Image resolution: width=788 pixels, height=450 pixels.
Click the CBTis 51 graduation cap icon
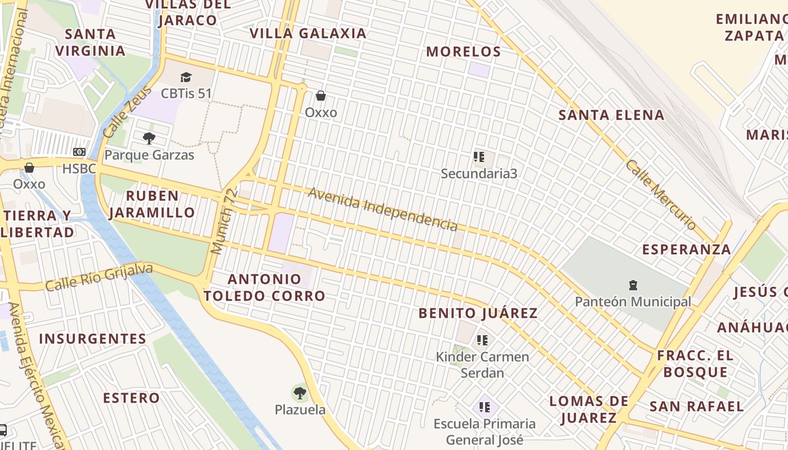click(x=186, y=77)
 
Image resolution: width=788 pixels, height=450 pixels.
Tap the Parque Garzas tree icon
click(x=149, y=138)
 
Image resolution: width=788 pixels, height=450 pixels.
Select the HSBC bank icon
click(x=79, y=152)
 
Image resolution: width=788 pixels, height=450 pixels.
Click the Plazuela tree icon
click(x=300, y=393)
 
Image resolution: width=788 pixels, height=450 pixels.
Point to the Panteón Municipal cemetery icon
click(x=633, y=285)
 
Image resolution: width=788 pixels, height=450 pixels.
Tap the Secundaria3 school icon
click(x=479, y=157)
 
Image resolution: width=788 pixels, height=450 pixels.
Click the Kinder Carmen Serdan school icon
click(x=482, y=340)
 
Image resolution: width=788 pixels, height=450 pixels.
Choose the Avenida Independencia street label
click(x=383, y=209)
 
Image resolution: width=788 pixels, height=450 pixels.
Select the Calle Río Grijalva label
click(x=99, y=277)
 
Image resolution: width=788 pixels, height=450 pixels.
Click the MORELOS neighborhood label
click(x=463, y=52)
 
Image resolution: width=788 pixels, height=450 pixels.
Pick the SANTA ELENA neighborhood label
click(x=611, y=115)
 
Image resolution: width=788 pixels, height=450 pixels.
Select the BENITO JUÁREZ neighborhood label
click(x=478, y=313)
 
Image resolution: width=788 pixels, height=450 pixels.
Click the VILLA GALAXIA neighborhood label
click(x=308, y=33)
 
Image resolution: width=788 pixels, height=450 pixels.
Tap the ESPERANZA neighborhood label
click(x=687, y=249)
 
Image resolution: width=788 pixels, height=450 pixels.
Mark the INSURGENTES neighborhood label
click(x=93, y=339)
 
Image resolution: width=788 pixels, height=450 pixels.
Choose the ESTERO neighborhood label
click(x=131, y=398)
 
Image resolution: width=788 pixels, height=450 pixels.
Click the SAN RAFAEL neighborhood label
click(x=696, y=406)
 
